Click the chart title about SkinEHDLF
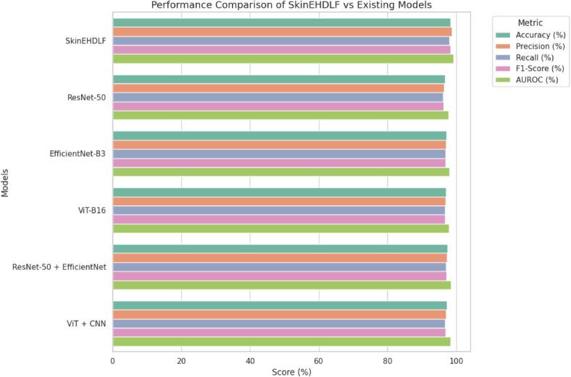(291, 6)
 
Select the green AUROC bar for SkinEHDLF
(283, 59)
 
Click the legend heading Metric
(527, 23)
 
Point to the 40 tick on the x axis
(250, 360)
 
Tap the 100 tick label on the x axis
(456, 360)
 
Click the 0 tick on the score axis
(113, 360)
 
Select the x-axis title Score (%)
(291, 371)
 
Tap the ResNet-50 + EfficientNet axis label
(59, 267)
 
